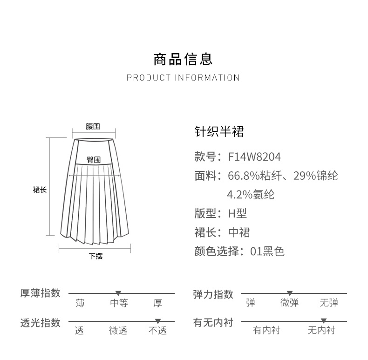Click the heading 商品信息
pyautogui.click(x=183, y=59)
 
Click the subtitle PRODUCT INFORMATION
pyautogui.click(x=183, y=78)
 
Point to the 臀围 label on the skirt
pyautogui.click(x=94, y=160)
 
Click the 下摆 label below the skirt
pyautogui.click(x=95, y=256)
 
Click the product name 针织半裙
pyautogui.click(x=219, y=132)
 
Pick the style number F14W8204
pyautogui.click(x=254, y=156)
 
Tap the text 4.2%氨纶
pyautogui.click(x=250, y=194)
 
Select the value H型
pyautogui.click(x=237, y=213)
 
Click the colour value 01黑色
pyautogui.click(x=267, y=251)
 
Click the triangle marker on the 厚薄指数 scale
pyautogui.click(x=118, y=293)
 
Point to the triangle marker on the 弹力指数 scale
pyautogui.click(x=290, y=293)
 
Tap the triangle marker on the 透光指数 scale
pyautogui.click(x=158, y=321)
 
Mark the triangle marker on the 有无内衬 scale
pyautogui.click(x=324, y=321)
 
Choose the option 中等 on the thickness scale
pyautogui.click(x=119, y=304)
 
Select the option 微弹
pyautogui.click(x=289, y=304)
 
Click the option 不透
pyautogui.click(x=157, y=331)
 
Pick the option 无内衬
pyautogui.click(x=321, y=331)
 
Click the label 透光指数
pyautogui.click(x=41, y=323)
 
